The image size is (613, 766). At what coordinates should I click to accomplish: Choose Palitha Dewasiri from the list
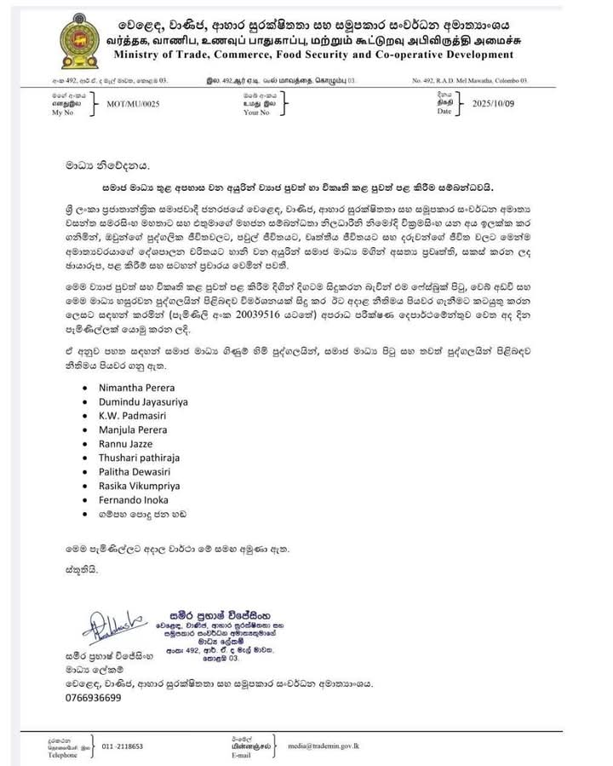[131, 472]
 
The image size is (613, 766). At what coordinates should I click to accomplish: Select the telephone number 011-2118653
[123, 746]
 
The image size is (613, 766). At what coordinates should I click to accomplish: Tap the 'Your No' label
[256, 112]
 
